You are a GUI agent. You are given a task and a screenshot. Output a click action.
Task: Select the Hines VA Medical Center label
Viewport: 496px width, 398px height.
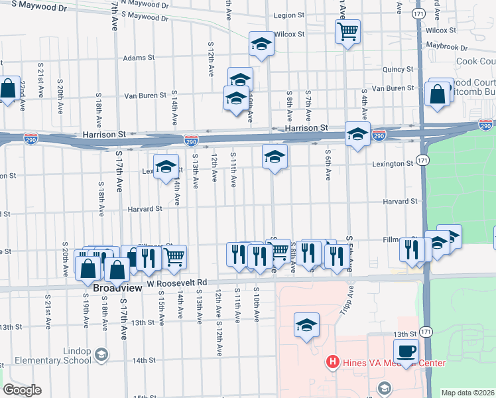[x=393, y=363]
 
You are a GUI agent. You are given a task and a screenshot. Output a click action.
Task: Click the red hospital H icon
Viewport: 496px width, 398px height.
[x=332, y=363]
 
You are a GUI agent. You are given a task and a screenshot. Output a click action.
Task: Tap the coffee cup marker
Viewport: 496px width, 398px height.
[x=406, y=351]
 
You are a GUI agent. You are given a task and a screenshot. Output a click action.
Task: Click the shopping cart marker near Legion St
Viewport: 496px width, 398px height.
[x=347, y=31]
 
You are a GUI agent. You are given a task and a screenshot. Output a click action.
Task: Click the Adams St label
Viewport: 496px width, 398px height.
[x=138, y=58]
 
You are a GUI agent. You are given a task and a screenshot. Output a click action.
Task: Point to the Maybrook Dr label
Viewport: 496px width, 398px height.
[x=446, y=48]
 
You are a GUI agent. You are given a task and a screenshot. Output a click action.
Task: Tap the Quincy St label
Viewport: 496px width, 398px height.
[x=398, y=69]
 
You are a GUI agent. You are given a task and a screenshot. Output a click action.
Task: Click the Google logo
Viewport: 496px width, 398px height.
[x=22, y=389]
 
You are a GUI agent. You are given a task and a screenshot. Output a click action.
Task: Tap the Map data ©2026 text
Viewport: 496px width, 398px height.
[x=467, y=393]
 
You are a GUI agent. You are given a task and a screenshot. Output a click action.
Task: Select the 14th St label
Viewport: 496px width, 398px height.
[x=143, y=360]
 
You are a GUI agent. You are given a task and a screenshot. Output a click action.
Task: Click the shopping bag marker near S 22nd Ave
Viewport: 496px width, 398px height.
[x=8, y=88]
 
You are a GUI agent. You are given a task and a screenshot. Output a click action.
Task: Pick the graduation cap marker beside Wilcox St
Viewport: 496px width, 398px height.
[x=261, y=44]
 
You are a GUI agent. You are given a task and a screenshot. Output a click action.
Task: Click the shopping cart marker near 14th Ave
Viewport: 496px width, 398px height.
[x=174, y=257]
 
